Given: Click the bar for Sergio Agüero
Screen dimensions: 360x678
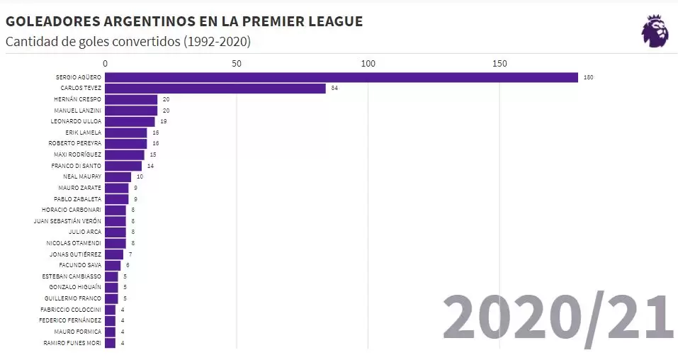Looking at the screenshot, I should [341, 77].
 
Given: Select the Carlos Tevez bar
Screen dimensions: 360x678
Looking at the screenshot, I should [215, 89].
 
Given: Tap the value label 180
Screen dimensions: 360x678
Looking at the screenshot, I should [588, 77].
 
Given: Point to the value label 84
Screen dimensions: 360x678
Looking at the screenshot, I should [334, 89].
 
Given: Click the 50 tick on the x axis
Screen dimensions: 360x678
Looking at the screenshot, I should [237, 64].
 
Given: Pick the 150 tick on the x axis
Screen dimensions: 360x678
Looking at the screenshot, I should [499, 64].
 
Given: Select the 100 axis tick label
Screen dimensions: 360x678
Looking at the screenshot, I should [368, 64].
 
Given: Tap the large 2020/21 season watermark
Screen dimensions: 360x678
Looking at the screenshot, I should [558, 317].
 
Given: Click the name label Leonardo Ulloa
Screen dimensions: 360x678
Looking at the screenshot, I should [77, 121].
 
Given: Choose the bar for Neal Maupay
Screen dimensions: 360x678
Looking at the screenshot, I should [118, 176].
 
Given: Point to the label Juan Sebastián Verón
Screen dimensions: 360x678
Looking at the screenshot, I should [67, 221].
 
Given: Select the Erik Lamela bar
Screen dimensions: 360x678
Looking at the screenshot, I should [126, 133].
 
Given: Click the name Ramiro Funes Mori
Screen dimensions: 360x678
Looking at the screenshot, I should [72, 343].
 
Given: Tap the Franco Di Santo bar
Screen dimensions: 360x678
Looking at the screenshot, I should [123, 166].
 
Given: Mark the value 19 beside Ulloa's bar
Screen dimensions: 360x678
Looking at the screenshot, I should [163, 121].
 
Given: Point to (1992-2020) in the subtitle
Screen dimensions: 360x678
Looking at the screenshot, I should [217, 42].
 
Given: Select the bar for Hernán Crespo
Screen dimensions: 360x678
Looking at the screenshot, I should [131, 99].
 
